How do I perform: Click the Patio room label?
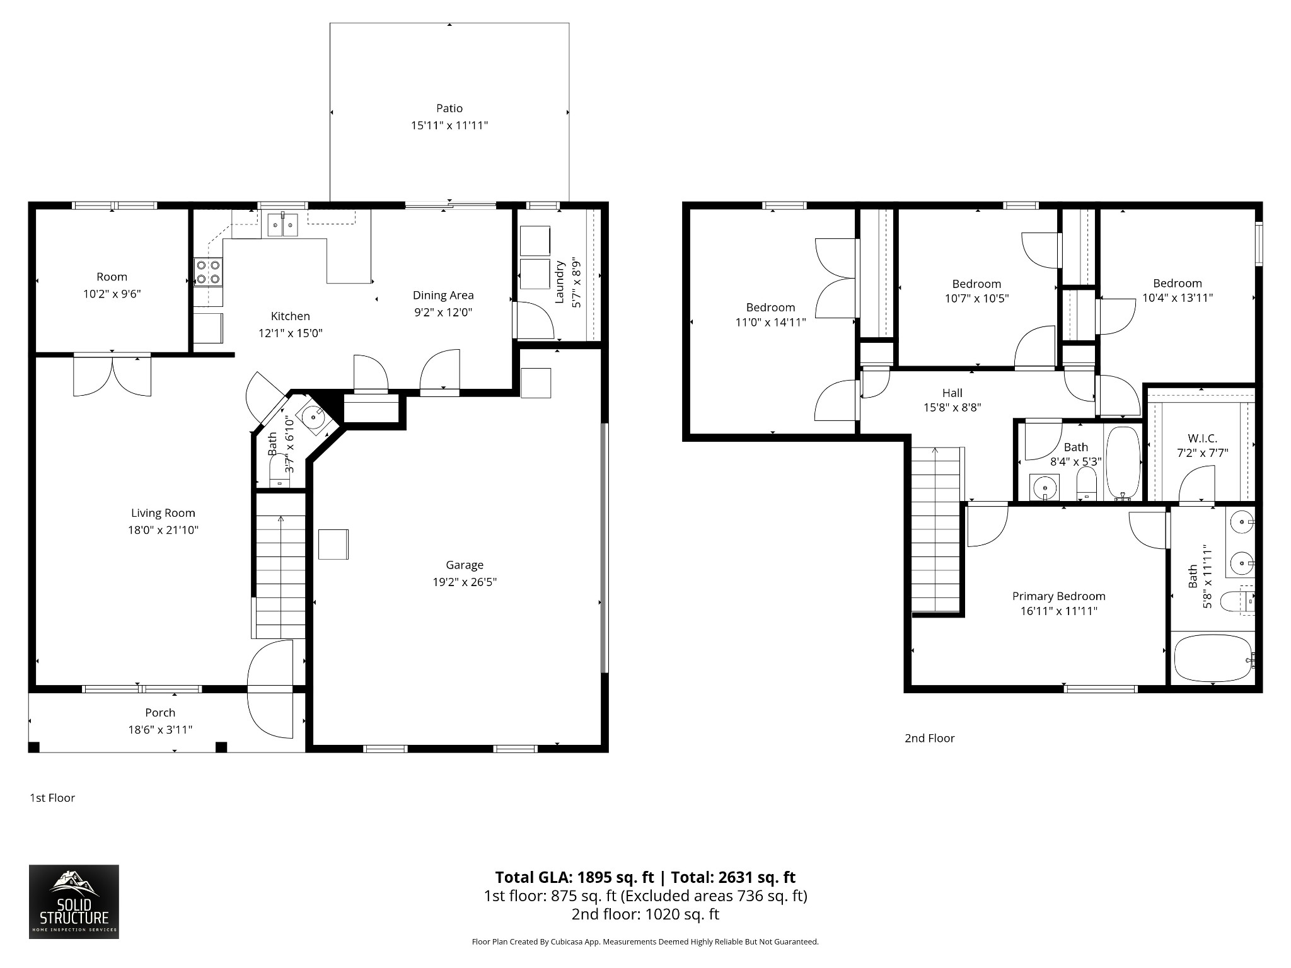pyautogui.click(x=449, y=108)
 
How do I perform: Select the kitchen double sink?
pyautogui.click(x=282, y=224)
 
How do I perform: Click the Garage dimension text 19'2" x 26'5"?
pyautogui.click(x=465, y=582)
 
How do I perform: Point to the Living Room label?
pyautogui.click(x=163, y=513)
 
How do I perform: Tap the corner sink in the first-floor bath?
pyautogui.click(x=313, y=417)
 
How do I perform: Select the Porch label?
pyautogui.click(x=160, y=713)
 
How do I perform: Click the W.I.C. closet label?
pyautogui.click(x=1202, y=438)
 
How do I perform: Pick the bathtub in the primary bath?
pyautogui.click(x=1213, y=658)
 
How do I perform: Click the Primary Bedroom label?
pyautogui.click(x=1059, y=596)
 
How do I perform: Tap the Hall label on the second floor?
pyautogui.click(x=952, y=393)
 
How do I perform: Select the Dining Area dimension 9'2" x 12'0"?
pyautogui.click(x=443, y=312)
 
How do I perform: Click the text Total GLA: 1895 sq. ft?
pyautogui.click(x=574, y=877)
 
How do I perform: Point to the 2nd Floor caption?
pyautogui.click(x=929, y=738)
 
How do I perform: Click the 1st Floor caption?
pyautogui.click(x=52, y=798)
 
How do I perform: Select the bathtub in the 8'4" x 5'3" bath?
pyautogui.click(x=1123, y=463)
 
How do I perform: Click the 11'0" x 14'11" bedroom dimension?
pyautogui.click(x=770, y=323)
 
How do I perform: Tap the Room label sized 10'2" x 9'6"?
pyautogui.click(x=112, y=277)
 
